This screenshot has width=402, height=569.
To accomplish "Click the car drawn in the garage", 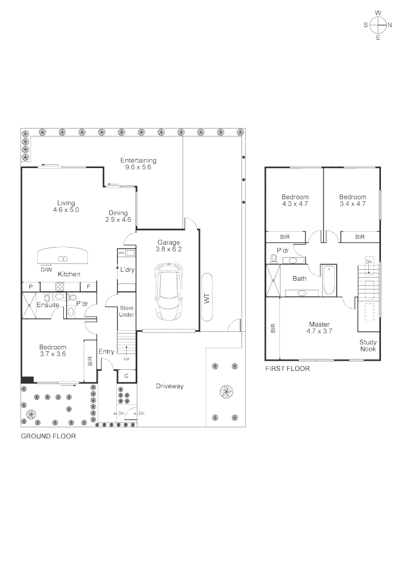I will coord(168,292).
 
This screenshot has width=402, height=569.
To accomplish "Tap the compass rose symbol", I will coord(377,25).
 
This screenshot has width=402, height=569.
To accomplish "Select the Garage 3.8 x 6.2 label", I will coord(168,246).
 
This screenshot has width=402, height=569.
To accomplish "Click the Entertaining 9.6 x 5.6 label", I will coord(138,164).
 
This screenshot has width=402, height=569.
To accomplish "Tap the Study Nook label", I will coord(368,345).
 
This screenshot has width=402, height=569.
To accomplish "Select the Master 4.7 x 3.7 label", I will coord(319,328).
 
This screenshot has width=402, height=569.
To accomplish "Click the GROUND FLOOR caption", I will coord(48,436).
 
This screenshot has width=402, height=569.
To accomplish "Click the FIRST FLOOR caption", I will coord(287,369).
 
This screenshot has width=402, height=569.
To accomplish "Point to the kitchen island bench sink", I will coord(63,259).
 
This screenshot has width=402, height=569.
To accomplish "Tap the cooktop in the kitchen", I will coord(60,287).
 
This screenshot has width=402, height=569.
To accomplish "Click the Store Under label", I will coord(127,311).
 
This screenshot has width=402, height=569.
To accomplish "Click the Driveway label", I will coord(169,386).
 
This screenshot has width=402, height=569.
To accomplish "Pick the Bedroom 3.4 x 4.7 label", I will coord(353,200).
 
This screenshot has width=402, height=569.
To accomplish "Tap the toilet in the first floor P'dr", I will coord(274,258).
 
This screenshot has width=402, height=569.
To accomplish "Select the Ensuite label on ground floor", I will coord(48,305).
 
